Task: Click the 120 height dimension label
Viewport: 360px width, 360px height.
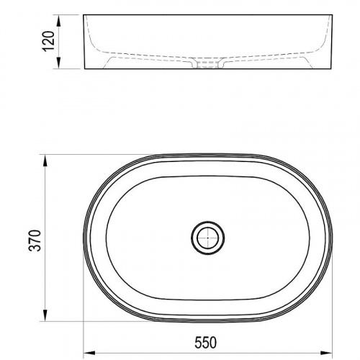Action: click(x=48, y=41)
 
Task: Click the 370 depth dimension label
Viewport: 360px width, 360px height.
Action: click(x=35, y=240)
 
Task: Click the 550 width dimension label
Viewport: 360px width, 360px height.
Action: click(x=205, y=343)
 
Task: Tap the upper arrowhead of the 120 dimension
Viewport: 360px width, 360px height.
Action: click(x=58, y=20)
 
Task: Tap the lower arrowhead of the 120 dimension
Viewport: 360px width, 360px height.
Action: click(x=58, y=63)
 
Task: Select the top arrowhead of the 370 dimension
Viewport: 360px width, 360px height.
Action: click(x=45, y=160)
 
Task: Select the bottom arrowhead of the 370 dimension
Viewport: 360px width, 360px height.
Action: click(x=45, y=315)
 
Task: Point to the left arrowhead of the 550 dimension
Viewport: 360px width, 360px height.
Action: click(x=89, y=353)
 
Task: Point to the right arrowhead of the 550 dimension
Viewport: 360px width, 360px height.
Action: click(x=327, y=353)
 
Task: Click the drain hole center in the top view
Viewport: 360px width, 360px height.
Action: click(x=208, y=238)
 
